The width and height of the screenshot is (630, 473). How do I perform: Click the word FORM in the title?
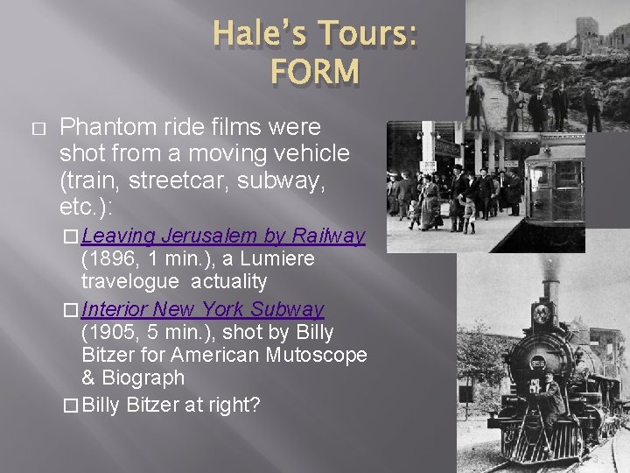[x=314, y=71]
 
